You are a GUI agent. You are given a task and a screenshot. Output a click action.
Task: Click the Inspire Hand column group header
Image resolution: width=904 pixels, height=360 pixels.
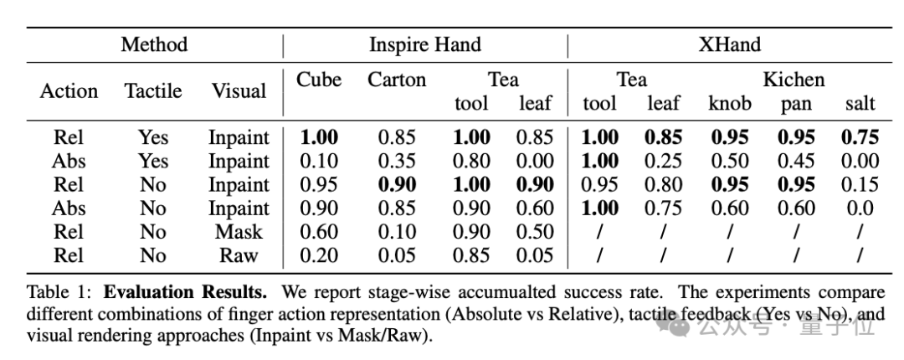425,44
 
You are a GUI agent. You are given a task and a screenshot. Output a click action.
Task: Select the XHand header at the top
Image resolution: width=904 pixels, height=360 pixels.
730,44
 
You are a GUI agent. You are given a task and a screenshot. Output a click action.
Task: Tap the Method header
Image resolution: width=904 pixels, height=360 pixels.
154,44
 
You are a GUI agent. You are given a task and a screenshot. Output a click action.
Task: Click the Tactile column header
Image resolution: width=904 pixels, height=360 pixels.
153,90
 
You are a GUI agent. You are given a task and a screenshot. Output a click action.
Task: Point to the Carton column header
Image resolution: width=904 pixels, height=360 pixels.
397,80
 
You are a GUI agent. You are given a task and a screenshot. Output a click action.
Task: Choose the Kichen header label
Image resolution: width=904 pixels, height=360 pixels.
793,80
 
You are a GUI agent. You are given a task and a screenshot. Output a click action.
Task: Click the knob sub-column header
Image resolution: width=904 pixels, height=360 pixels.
730,104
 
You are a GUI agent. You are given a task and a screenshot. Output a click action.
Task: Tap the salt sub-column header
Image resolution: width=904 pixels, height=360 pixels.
860,104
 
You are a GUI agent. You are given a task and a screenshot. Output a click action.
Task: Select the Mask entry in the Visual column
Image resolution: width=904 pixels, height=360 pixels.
239,232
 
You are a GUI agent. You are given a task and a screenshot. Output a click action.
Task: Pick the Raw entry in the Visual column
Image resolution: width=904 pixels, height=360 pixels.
239,255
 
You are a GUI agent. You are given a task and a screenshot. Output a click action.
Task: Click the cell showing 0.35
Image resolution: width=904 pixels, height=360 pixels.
397,161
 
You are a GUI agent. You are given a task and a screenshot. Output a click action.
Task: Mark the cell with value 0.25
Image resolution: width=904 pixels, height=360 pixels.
664,161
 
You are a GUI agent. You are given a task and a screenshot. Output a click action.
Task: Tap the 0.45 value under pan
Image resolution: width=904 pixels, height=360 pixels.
795,161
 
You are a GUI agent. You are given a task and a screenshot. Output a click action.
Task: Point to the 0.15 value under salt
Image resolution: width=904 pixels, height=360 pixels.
860,184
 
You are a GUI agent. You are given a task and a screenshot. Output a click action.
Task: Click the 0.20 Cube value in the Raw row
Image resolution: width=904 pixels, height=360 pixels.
319,255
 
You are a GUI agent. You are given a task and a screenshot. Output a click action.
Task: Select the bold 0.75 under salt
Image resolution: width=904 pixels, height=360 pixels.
860,137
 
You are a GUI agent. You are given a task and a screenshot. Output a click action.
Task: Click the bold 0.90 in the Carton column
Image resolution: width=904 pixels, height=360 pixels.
397,184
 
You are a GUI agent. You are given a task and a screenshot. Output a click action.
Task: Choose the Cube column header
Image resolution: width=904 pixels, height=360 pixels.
319,80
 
